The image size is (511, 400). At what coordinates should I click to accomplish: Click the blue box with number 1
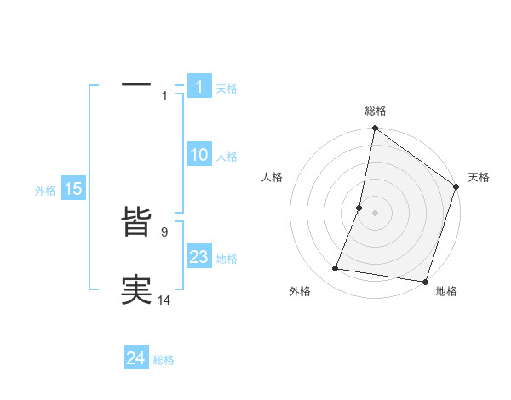[x=198, y=87]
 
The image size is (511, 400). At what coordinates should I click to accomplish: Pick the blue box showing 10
[x=198, y=155]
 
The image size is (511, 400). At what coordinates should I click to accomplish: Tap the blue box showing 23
[x=198, y=257]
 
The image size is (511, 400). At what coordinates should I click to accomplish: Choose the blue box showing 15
[x=73, y=189]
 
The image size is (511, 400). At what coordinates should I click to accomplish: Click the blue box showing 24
[x=136, y=358]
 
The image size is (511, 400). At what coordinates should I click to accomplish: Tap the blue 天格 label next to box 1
[x=227, y=89]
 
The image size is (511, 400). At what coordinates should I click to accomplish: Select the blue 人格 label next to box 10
[x=227, y=157]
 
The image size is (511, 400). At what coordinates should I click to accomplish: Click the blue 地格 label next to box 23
[x=227, y=259]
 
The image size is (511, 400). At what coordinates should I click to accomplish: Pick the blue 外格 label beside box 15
[x=45, y=191]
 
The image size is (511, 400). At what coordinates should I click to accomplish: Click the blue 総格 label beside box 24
[x=164, y=360]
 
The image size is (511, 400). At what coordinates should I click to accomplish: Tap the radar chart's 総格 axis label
[x=375, y=111]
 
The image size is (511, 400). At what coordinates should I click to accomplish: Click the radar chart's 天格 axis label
[x=479, y=177]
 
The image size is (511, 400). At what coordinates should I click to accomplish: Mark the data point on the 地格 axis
[x=425, y=281]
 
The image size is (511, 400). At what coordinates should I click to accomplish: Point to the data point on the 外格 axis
[x=336, y=269]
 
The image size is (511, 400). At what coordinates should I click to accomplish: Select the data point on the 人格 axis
[x=359, y=207]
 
